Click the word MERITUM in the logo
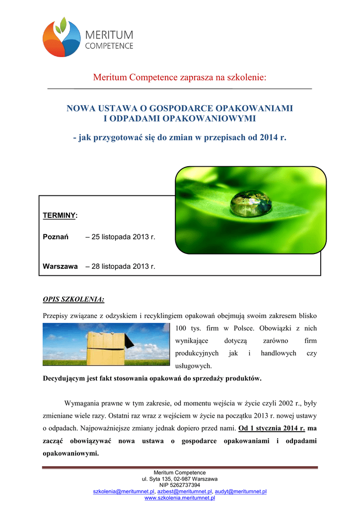tap(110, 35)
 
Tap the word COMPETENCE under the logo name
tap(110, 46)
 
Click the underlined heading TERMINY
tap(60, 215)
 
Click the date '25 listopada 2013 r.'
tap(121, 237)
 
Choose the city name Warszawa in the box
tap(60, 266)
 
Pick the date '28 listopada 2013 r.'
tap(121, 266)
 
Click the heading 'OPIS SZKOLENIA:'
tap(73, 300)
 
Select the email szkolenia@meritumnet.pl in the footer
tap(124, 491)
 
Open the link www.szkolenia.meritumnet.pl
tap(180, 498)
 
